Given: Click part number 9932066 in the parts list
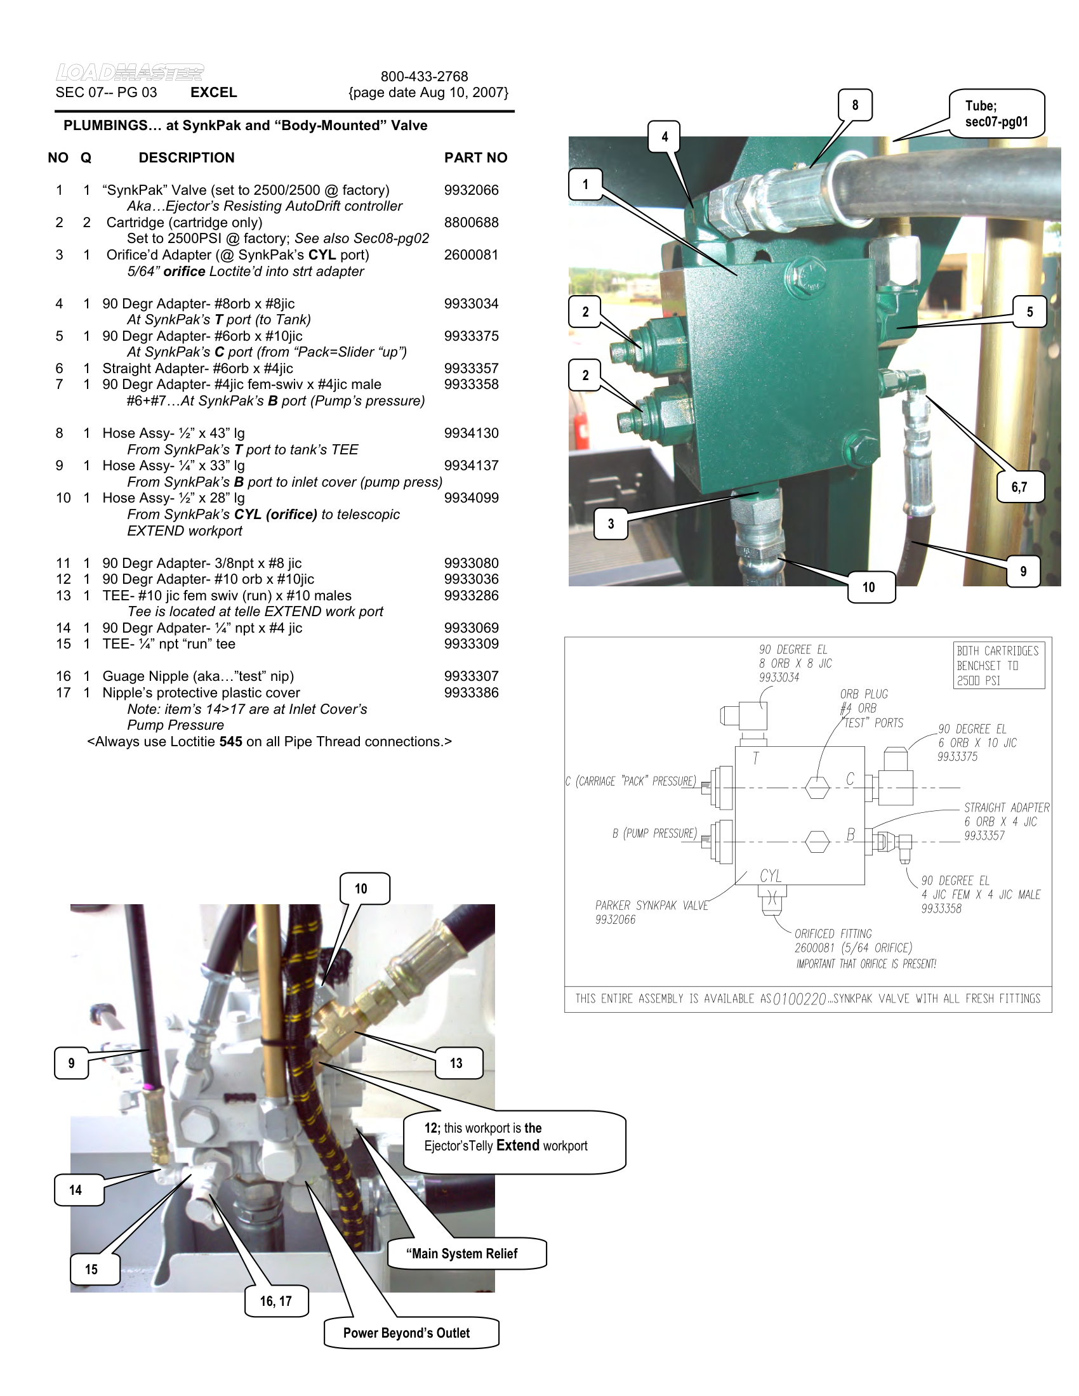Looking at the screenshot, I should click(471, 190).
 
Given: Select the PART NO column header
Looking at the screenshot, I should click(475, 157).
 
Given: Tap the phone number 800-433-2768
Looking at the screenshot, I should click(425, 76).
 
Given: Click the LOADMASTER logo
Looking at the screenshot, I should click(129, 72).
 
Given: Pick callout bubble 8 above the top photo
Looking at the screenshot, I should click(855, 105).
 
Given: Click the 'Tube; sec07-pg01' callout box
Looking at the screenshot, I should click(996, 114).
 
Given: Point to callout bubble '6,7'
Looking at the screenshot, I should click(1019, 487).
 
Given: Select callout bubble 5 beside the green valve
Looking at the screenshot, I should click(1029, 312).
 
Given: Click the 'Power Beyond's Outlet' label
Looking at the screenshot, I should click(407, 1333).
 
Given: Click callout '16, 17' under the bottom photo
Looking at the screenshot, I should click(275, 1301).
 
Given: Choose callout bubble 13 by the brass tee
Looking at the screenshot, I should click(456, 1063).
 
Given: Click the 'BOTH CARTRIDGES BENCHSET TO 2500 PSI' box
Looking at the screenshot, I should click(998, 666).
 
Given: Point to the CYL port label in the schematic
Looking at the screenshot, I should click(771, 876).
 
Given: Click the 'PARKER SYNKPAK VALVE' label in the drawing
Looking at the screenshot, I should click(651, 905).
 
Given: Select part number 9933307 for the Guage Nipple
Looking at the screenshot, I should click(471, 676).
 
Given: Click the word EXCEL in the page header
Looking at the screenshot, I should click(213, 92).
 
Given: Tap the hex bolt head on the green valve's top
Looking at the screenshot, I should click(807, 275).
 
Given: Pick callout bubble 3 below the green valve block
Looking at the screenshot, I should click(611, 523).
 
